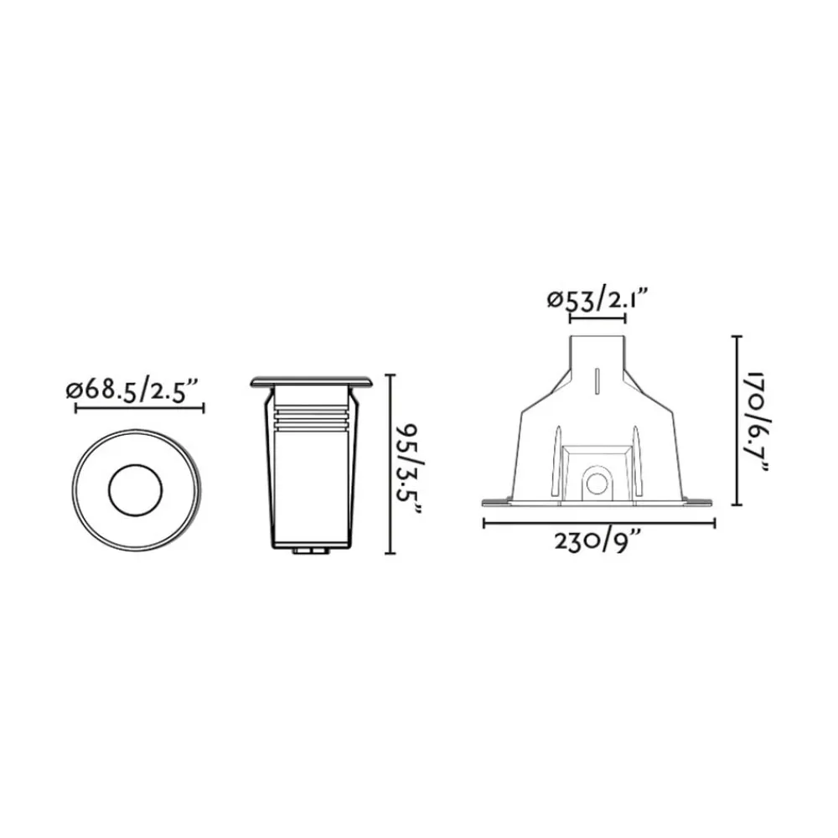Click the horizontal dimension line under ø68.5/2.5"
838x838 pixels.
click(139, 409)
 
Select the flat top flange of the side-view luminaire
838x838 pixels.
click(311, 382)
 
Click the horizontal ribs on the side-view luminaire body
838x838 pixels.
click(311, 419)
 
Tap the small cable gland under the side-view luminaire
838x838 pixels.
click(311, 552)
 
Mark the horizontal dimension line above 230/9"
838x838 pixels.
click(599, 521)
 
